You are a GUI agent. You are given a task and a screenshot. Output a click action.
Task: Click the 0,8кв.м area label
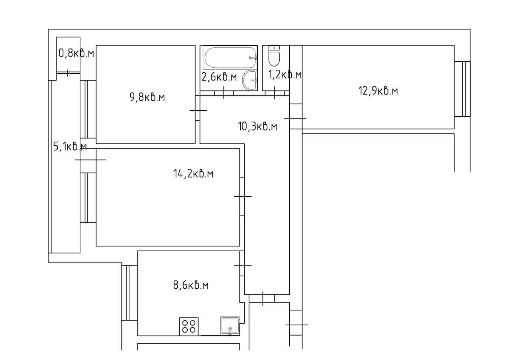(76, 53)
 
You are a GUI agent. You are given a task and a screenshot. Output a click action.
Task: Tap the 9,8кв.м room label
(147, 98)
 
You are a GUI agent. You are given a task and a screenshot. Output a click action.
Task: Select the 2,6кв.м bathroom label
(219, 77)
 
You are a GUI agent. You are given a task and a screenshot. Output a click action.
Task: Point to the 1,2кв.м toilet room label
(285, 74)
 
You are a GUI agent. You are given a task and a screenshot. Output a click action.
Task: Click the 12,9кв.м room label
(378, 91)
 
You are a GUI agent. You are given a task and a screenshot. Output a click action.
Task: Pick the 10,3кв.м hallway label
(257, 127)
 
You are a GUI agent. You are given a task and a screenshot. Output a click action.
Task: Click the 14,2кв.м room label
(193, 174)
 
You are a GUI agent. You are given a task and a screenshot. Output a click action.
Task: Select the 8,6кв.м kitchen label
(191, 285)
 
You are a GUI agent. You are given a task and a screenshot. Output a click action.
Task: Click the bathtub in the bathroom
(230, 58)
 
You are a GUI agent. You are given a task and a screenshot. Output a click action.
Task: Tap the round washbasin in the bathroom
(250, 80)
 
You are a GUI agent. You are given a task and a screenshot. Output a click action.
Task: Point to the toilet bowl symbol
(274, 56)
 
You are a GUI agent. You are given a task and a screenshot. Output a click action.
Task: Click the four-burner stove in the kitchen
(189, 327)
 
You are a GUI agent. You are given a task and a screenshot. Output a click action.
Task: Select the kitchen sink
(230, 326)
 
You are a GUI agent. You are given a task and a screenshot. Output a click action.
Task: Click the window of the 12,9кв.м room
(462, 89)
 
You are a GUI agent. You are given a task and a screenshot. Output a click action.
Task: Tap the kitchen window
(129, 293)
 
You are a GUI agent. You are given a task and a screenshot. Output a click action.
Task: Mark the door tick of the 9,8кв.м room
(198, 110)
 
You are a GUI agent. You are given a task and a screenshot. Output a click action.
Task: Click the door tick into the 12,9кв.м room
(295, 119)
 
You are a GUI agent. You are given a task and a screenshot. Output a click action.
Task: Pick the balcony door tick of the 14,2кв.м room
(90, 160)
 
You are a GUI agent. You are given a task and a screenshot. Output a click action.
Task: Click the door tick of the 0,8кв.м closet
(67, 73)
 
